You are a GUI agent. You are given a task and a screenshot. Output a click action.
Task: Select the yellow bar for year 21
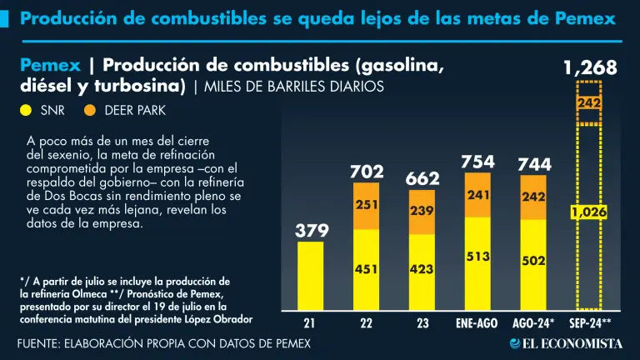click(312, 275)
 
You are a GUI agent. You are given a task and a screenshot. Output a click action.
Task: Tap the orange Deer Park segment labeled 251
click(366, 205)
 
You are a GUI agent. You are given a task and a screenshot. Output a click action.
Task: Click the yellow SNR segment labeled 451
click(366, 268)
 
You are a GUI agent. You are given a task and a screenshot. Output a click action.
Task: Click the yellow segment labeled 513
click(477, 257)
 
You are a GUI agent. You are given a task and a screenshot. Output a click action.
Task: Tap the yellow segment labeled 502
click(533, 261)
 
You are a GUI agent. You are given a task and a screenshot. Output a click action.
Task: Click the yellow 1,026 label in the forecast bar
click(589, 212)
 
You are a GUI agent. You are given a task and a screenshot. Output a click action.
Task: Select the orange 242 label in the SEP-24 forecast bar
click(589, 102)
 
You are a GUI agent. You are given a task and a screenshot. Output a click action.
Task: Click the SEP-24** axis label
click(589, 322)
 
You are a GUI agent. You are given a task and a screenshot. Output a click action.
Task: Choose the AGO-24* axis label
click(533, 322)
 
